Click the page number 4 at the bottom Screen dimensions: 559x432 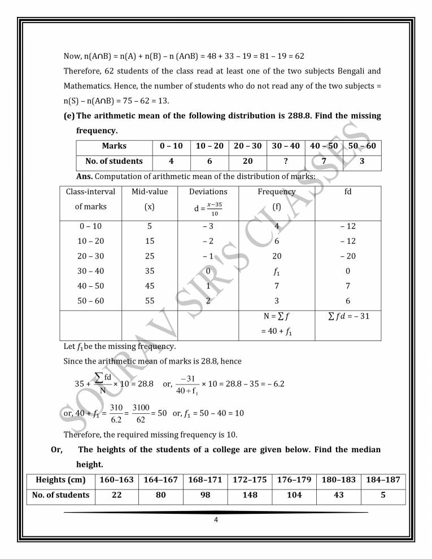click(x=216, y=520)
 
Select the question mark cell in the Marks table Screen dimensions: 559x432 click(x=285, y=161)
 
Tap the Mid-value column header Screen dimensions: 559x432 click(x=150, y=199)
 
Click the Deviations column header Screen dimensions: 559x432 click(x=208, y=192)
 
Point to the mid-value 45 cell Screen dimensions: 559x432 click(x=150, y=286)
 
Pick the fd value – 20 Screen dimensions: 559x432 click(x=348, y=256)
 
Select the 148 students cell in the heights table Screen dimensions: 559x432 click(x=249, y=495)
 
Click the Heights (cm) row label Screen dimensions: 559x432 click(x=61, y=480)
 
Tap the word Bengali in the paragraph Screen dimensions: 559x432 click(x=350, y=71)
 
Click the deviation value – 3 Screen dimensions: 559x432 click(x=208, y=226)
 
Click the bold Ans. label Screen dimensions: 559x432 click(x=85, y=176)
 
